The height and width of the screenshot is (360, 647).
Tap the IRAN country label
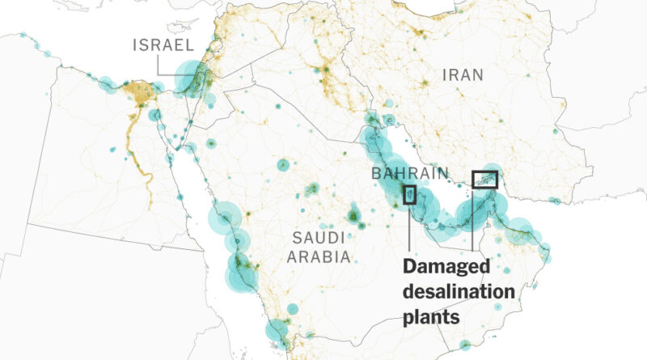click(x=463, y=75)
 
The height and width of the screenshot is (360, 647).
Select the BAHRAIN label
click(x=410, y=173)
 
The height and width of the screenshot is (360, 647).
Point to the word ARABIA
click(x=321, y=257)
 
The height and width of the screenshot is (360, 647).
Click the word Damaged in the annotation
click(x=446, y=267)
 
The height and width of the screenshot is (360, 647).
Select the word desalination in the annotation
click(x=458, y=291)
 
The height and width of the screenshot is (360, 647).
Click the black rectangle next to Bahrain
click(x=410, y=195)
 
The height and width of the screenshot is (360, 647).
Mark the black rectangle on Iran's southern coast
click(x=485, y=179)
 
